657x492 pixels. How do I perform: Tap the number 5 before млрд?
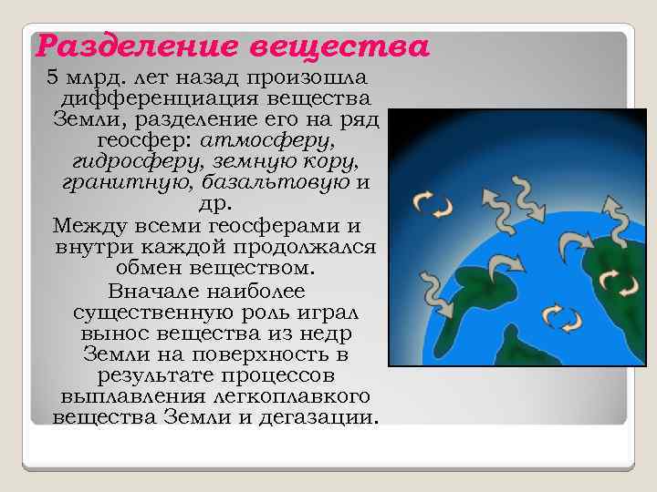(x=52, y=76)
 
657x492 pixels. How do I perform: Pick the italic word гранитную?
(x=124, y=184)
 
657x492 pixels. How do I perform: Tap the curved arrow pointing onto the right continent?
(x=574, y=241)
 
